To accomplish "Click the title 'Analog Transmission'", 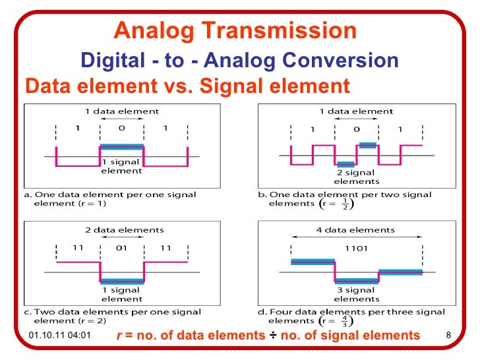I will click(235, 30).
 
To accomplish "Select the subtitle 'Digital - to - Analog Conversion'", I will click(239, 61).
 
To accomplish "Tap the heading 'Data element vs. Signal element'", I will click(187, 86).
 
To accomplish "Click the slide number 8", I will click(449, 336).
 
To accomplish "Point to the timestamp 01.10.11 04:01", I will click(60, 336).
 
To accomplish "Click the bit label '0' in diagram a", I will click(121, 129).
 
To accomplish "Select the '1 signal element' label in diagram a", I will click(121, 166).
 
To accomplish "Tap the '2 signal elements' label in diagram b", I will click(356, 177).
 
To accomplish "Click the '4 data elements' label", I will click(356, 229).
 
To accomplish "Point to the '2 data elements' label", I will click(121, 229).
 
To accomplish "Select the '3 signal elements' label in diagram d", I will click(356, 294).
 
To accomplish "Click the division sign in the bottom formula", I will click(272, 336).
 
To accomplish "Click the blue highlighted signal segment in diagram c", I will click(121, 281).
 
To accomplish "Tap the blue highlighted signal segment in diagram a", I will click(121, 146).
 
